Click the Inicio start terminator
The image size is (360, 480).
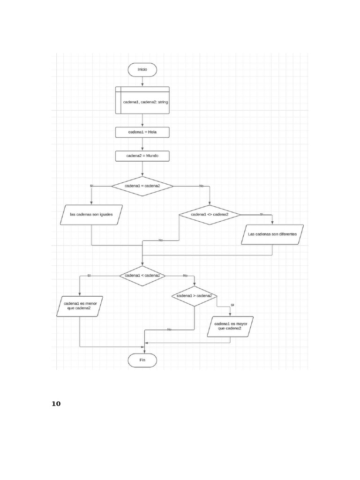(x=142, y=69)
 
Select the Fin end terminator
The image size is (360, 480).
(x=142, y=360)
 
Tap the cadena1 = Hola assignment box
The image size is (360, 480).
(x=142, y=132)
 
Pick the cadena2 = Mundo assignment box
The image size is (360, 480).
(x=142, y=156)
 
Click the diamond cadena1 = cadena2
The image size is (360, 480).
(x=142, y=186)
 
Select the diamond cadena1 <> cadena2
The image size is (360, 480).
(x=210, y=215)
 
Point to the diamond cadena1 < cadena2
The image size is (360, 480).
(x=142, y=276)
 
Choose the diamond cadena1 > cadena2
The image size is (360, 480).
(x=194, y=296)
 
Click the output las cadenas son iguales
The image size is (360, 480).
(x=91, y=215)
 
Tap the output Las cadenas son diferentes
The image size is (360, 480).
(x=272, y=234)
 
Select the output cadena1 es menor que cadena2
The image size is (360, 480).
(x=79, y=306)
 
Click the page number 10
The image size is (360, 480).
(x=56, y=404)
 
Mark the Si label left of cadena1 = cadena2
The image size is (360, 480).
(x=91, y=186)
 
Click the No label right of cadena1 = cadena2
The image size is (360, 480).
(x=202, y=186)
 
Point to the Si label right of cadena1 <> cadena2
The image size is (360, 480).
(x=262, y=215)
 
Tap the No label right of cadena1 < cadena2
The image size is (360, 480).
(x=185, y=276)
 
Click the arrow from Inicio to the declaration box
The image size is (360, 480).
(x=142, y=81)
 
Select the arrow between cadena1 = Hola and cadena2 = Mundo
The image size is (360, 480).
(x=142, y=144)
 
